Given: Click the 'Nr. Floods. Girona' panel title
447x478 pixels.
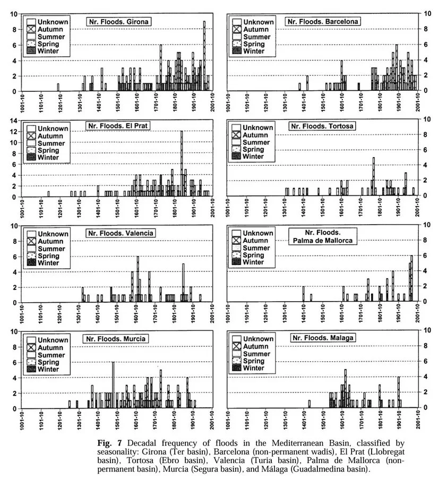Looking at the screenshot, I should point(118,22).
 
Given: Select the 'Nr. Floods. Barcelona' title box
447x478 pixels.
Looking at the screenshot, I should point(323,22).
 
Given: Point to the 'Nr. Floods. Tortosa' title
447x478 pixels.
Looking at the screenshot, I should point(322,126).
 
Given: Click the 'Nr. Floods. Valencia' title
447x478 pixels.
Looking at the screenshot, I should point(121,233).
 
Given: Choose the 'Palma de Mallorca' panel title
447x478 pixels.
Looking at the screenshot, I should point(323,236).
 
